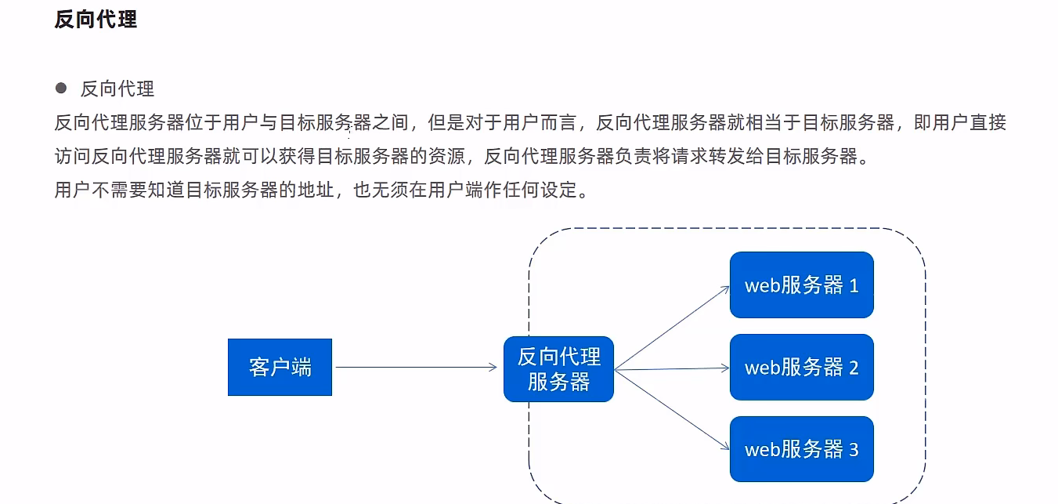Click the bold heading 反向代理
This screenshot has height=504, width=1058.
(x=96, y=20)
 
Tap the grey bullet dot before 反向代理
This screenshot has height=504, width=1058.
(x=61, y=88)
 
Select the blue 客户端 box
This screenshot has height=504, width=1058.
(x=280, y=367)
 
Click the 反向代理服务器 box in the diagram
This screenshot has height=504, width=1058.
(x=558, y=368)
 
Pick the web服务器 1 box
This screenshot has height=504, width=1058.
(x=801, y=285)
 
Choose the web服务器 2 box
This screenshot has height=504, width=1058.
(x=801, y=367)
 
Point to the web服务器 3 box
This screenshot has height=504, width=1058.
(x=801, y=449)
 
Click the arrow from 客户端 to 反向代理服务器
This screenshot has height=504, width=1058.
(x=415, y=367)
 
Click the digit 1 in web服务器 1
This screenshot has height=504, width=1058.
(x=854, y=285)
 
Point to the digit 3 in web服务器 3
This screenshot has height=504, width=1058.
(x=854, y=450)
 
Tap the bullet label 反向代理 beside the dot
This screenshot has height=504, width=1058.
(x=117, y=89)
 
